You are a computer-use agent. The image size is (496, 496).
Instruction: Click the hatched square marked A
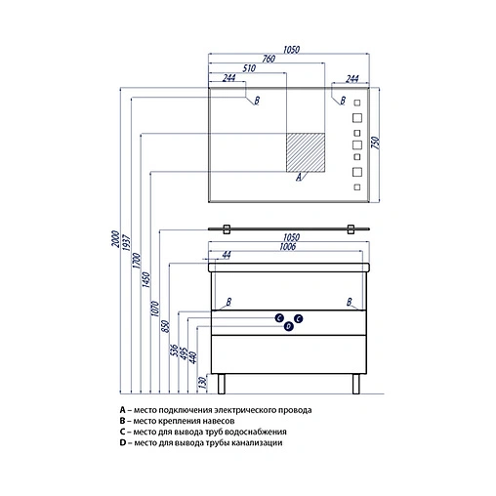click(x=306, y=152)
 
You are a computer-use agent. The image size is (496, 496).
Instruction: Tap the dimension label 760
click(x=269, y=59)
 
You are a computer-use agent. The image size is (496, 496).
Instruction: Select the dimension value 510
click(x=249, y=68)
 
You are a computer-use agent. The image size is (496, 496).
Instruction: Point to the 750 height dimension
click(x=375, y=143)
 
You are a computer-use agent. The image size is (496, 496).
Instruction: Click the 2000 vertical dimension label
click(x=115, y=239)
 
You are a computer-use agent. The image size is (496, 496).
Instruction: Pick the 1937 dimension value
click(x=126, y=242)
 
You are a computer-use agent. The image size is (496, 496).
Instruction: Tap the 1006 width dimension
click(x=288, y=247)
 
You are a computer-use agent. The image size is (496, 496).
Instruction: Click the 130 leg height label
click(x=202, y=383)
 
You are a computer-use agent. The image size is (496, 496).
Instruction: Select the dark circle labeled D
click(x=289, y=326)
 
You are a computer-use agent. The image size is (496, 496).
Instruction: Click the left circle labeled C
click(x=279, y=318)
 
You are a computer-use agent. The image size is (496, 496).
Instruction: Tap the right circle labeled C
click(x=298, y=318)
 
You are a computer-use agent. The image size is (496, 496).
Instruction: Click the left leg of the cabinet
click(x=222, y=384)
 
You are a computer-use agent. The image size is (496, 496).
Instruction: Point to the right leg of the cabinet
click(x=356, y=384)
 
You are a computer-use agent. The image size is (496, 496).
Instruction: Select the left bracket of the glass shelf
click(x=227, y=229)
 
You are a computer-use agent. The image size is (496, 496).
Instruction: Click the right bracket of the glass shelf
click(x=351, y=229)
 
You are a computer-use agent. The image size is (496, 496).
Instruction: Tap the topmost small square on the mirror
click(x=357, y=103)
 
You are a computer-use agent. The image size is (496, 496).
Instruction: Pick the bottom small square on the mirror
click(x=357, y=187)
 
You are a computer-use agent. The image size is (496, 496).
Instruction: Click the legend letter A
click(x=122, y=410)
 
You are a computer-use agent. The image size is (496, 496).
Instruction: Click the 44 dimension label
click(x=227, y=255)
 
